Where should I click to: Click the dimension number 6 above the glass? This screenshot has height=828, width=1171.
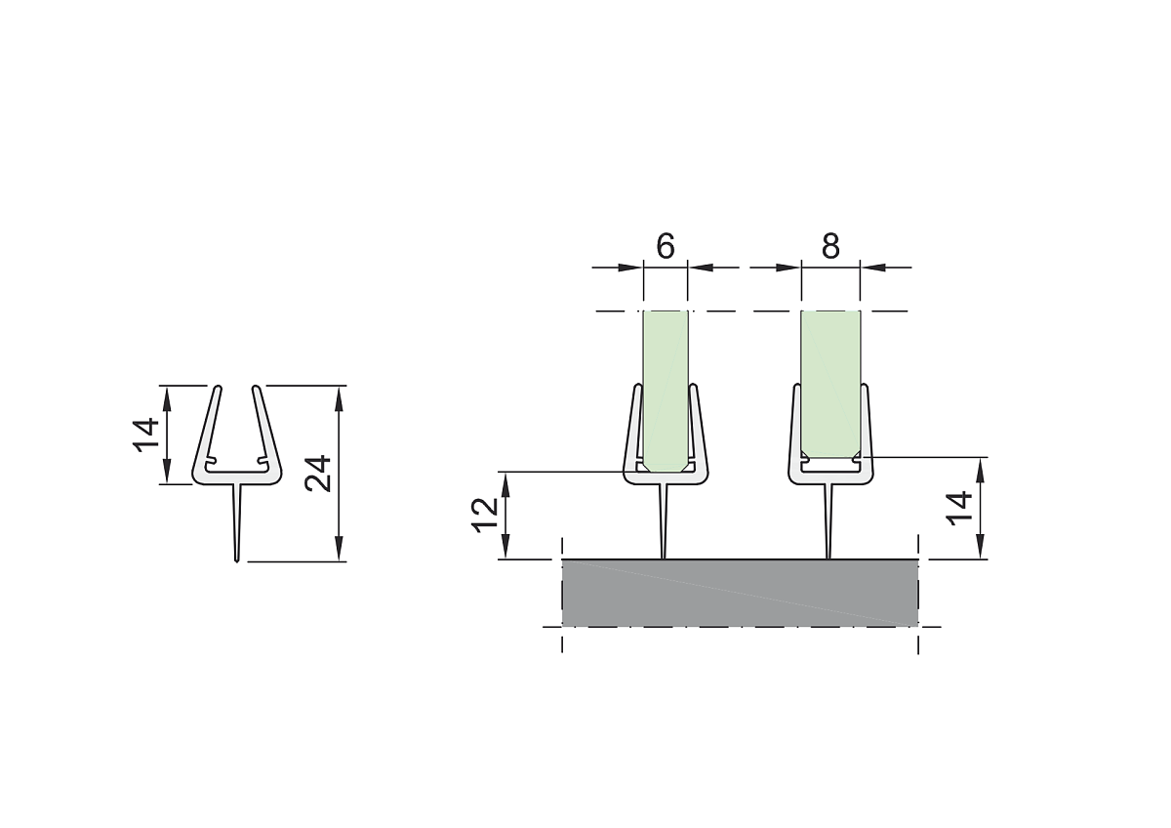(666, 246)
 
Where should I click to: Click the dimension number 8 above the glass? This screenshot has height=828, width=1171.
(830, 246)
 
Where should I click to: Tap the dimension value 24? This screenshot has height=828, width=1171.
(318, 474)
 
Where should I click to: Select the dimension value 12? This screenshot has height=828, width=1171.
(486, 516)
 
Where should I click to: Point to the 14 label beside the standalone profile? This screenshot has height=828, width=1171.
(145, 435)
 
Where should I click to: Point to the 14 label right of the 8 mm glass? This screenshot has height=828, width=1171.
(958, 508)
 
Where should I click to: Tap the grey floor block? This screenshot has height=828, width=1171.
(741, 593)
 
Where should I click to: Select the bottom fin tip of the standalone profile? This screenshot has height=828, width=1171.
(237, 561)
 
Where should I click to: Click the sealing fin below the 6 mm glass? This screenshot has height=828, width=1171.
(664, 521)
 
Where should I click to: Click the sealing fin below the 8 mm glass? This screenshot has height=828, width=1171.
(828, 521)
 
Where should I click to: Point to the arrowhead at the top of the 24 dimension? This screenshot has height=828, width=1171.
(339, 397)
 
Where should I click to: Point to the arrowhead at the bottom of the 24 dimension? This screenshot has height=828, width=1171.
(339, 549)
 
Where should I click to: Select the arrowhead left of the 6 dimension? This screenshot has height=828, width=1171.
(630, 268)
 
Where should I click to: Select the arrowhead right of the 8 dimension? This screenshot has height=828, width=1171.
(873, 268)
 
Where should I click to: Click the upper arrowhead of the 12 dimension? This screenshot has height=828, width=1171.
(505, 483)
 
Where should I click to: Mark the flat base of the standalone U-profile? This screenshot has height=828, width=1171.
(237, 478)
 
